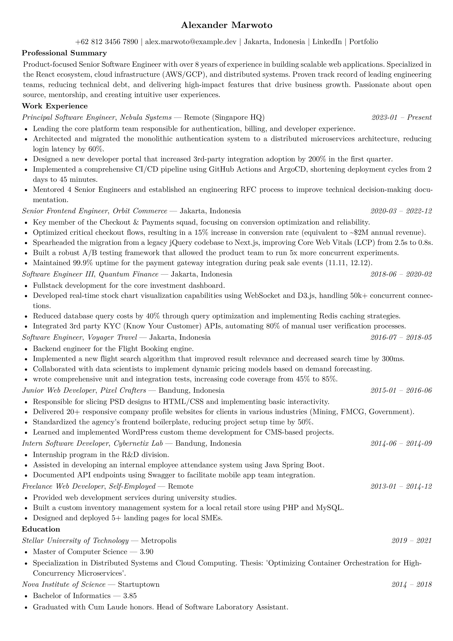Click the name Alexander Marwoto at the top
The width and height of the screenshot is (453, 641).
226,25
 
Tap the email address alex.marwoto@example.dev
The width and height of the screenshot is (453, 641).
191,42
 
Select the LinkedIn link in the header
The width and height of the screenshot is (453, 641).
327,42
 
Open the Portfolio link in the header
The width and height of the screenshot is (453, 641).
364,42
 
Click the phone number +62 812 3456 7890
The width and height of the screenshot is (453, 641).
107,42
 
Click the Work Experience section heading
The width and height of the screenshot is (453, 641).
55,106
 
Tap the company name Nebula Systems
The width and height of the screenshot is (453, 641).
146,117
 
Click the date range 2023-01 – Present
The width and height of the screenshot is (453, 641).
401,117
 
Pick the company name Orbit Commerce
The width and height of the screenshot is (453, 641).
140,211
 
